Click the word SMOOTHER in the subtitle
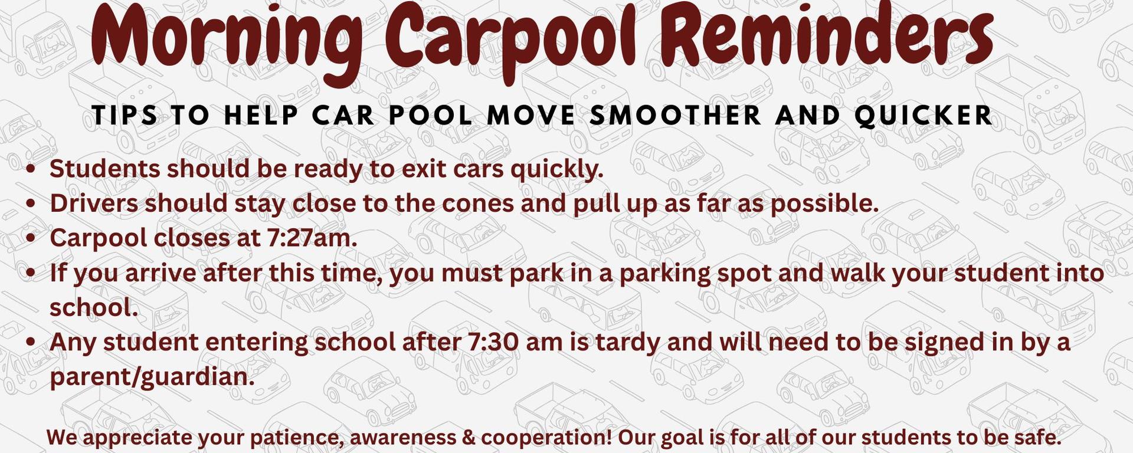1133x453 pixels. click(676, 115)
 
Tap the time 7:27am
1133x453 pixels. click(312, 238)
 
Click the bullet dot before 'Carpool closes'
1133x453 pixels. click(32, 238)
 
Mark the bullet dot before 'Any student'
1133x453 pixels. click(32, 343)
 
